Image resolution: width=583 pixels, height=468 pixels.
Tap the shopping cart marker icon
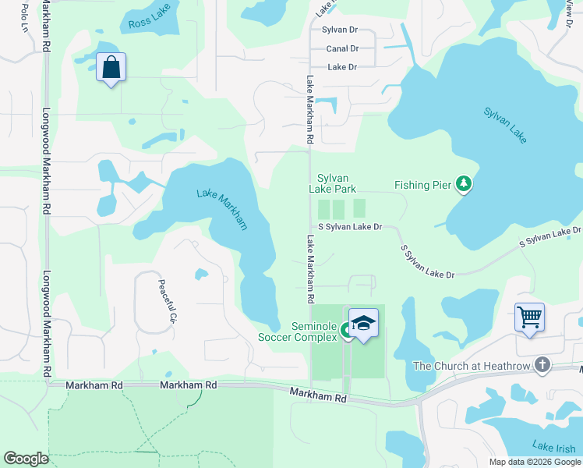click(529, 317)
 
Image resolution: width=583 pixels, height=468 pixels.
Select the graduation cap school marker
click(363, 324)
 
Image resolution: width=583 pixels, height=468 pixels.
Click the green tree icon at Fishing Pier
click(465, 184)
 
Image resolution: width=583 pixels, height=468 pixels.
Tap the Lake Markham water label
click(223, 209)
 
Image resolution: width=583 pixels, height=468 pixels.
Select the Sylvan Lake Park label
click(332, 183)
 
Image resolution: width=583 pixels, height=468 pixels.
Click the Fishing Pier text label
click(422, 185)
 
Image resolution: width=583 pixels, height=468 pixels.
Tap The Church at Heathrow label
click(471, 365)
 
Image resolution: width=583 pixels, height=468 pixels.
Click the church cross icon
click(542, 364)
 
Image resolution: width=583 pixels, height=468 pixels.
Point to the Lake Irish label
click(553, 446)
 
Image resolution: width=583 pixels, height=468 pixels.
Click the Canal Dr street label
click(342, 48)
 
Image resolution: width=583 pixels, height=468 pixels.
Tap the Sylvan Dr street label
click(339, 30)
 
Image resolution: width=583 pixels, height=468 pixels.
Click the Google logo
click(26, 459)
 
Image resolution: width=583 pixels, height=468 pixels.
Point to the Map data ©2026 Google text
click(534, 462)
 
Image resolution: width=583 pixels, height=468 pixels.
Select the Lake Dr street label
click(342, 67)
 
